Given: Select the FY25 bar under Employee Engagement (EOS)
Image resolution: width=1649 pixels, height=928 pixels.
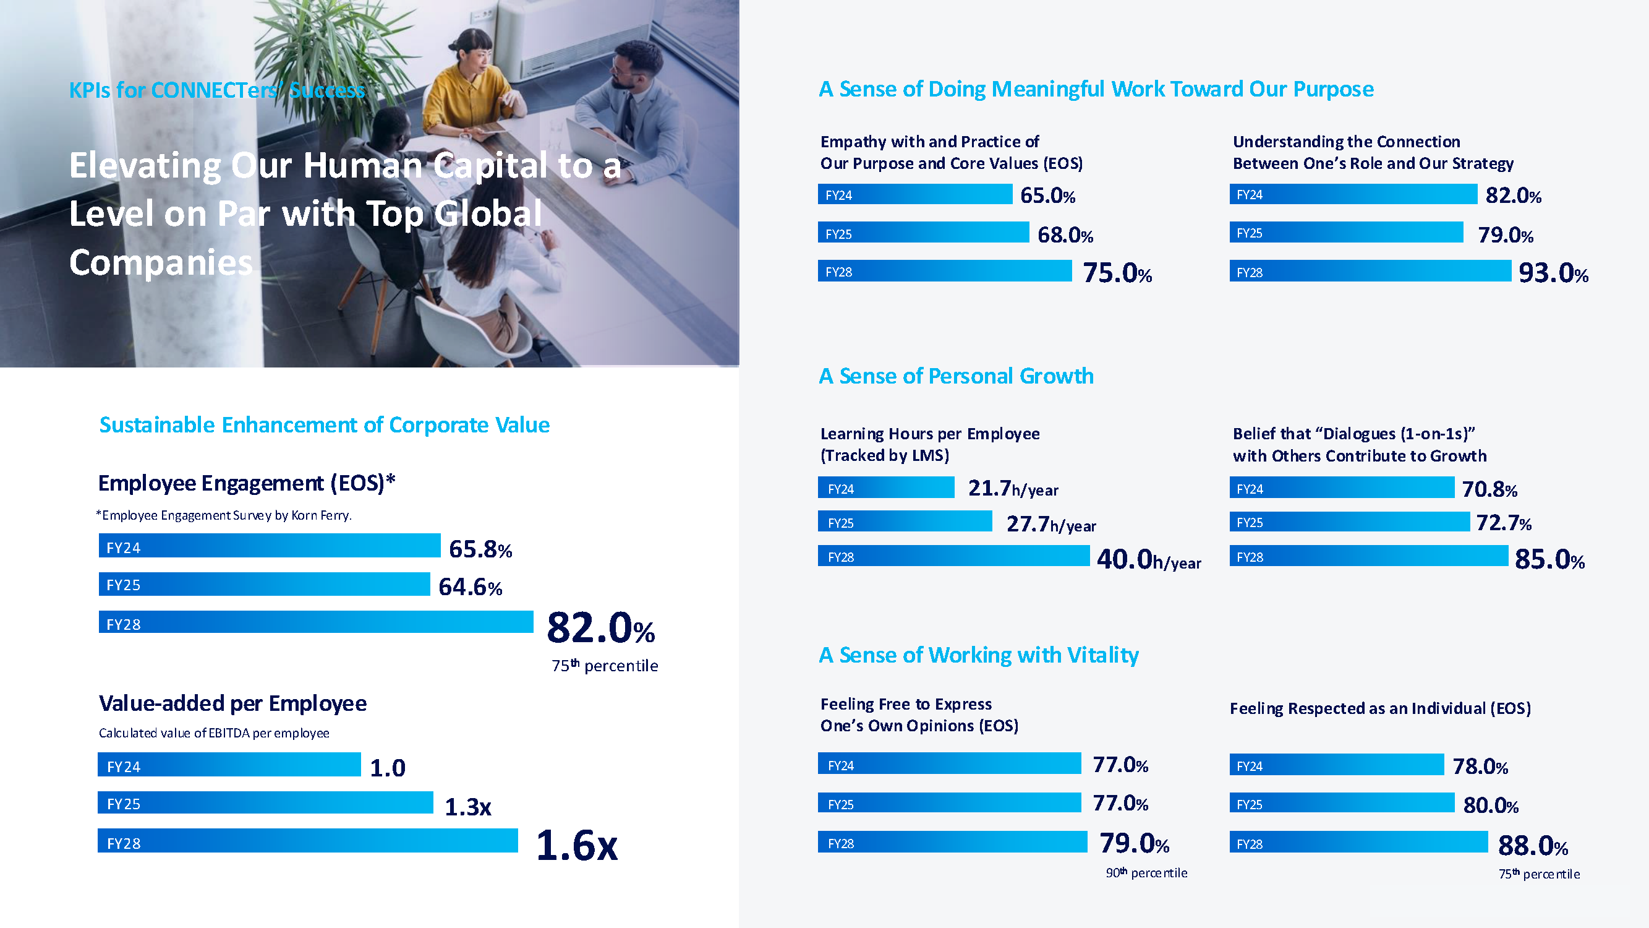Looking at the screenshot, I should point(264,585).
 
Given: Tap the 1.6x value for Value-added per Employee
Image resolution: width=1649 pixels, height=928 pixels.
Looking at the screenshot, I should point(576,845).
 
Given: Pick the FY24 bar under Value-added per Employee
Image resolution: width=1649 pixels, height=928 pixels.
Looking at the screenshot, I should point(229,765).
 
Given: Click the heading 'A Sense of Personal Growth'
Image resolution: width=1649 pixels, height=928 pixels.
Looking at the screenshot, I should point(956,376).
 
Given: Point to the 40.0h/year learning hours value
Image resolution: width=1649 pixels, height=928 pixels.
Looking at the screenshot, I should point(1148,560).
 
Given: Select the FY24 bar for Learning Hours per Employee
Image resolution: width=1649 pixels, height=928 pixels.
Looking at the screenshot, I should point(886,488).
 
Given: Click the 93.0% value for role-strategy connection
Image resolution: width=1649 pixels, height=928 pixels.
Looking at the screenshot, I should point(1553,273).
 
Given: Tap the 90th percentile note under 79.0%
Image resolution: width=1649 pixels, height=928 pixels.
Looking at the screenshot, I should point(1146,873).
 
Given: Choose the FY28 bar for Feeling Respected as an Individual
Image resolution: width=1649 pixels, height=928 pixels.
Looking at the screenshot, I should point(1358,843).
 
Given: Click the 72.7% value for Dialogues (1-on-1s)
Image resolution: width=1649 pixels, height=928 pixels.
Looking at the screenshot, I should point(1503,523).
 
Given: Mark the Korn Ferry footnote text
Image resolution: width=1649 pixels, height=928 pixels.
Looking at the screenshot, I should point(224,515).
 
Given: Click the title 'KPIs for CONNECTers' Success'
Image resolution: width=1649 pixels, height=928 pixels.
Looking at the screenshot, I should point(216,90).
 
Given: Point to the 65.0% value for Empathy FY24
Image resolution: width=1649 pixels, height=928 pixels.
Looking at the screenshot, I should point(1047,195).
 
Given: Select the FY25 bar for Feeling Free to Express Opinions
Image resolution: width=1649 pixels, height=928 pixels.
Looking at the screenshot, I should point(949,803).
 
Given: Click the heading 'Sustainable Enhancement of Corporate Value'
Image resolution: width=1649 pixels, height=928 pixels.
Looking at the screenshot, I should point(324,425).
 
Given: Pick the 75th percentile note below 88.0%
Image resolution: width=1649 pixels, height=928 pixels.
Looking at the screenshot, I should point(1538,874).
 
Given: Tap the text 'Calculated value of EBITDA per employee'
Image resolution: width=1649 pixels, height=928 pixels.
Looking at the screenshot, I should point(214,733).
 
